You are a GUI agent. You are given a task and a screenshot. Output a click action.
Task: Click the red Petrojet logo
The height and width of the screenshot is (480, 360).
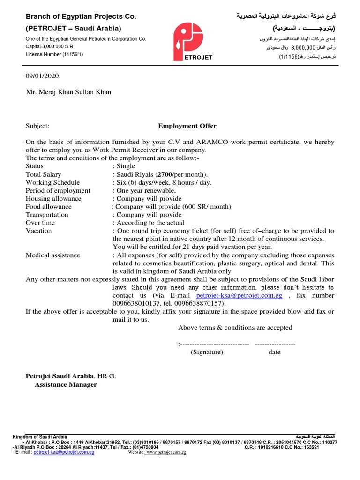[193, 42]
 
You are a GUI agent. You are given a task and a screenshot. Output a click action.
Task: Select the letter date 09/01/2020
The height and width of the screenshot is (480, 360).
[42, 76]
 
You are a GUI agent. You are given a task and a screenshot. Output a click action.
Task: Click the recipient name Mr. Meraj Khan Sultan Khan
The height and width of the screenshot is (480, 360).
[68, 92]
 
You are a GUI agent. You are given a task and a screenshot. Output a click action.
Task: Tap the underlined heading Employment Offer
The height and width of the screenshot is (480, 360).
[187, 126]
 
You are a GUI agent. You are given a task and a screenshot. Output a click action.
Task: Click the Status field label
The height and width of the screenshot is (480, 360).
[35, 166]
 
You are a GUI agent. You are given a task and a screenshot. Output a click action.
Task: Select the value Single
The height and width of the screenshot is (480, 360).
[125, 166]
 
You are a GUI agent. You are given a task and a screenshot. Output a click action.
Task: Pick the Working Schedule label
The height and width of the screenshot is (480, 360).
[52, 182]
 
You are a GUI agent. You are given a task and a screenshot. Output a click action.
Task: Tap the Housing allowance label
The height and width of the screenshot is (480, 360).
[53, 198]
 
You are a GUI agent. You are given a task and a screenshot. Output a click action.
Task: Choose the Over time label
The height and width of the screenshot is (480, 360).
[40, 223]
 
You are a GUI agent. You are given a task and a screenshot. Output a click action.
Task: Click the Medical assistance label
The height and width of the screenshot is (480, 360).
[53, 255]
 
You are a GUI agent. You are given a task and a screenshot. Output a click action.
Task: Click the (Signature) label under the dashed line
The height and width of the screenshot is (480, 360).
[207, 352]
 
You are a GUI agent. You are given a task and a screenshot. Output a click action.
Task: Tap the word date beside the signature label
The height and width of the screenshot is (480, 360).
[274, 352]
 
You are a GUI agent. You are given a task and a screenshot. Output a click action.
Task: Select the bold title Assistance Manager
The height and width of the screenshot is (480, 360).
[66, 384]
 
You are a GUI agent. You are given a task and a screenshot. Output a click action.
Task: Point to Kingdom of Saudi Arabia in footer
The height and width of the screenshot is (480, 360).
[40, 437]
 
